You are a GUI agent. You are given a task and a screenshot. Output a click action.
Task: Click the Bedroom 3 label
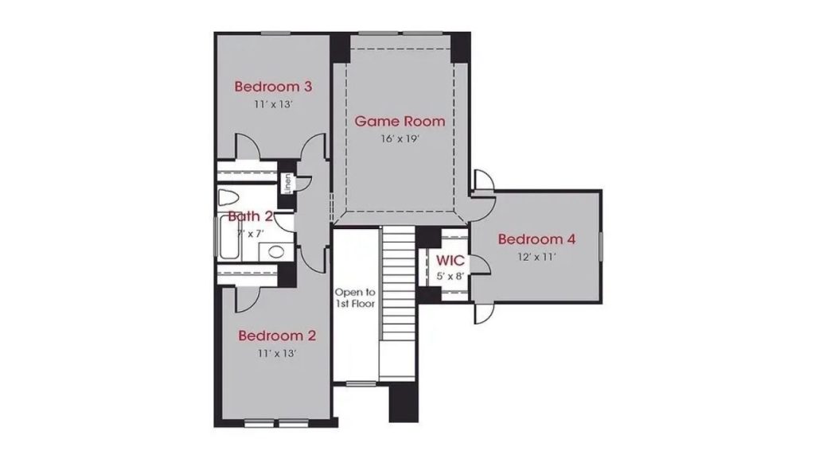tap(273, 86)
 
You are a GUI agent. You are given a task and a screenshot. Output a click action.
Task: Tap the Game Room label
tap(400, 122)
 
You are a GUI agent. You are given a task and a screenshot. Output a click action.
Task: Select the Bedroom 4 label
tap(536, 239)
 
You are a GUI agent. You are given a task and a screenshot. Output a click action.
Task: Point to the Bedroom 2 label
tap(277, 336)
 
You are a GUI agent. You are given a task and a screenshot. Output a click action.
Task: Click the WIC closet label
tap(450, 260)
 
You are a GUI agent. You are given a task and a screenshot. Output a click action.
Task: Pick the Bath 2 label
tap(251, 216)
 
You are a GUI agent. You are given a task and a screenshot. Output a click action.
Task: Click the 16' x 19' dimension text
tap(400, 139)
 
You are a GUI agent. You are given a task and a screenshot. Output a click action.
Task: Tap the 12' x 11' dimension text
tap(537, 257)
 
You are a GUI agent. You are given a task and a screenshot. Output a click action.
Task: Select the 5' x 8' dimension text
tap(450, 276)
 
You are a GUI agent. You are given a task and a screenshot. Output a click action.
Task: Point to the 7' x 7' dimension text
tap(251, 234)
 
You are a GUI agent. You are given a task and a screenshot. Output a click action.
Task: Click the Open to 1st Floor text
tap(354, 298)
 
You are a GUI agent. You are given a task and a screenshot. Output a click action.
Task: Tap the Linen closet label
tap(287, 184)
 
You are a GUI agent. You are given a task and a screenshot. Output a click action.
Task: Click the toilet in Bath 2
tap(228, 198)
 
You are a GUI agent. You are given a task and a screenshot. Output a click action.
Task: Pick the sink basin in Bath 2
tap(276, 252)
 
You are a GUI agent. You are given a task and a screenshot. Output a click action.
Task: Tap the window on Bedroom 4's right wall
tap(600, 246)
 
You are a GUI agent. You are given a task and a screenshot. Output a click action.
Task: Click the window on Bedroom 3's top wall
tap(275, 33)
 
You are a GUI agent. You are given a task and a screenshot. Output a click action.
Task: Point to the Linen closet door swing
tap(303, 184)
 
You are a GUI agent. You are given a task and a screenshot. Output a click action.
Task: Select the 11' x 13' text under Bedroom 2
tap(277, 354)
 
